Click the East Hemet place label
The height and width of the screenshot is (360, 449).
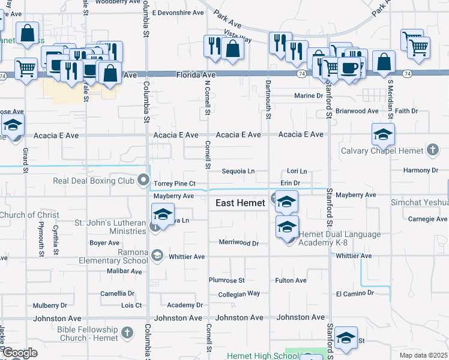coord(240,203)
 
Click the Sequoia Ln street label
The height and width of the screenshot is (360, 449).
coord(238,171)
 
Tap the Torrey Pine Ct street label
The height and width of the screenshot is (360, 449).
coord(175,183)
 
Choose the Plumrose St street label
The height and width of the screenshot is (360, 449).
coord(226,280)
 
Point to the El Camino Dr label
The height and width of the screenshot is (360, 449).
coord(355,293)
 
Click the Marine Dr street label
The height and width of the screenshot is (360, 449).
coord(309,96)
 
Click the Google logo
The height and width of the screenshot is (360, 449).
coord(19,353)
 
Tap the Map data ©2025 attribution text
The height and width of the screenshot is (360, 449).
coord(423,355)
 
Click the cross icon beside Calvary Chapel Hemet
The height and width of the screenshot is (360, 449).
coord(433,150)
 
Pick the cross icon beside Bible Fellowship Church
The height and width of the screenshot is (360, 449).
coord(127,332)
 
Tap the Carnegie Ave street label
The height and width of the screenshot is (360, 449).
coord(428,219)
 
